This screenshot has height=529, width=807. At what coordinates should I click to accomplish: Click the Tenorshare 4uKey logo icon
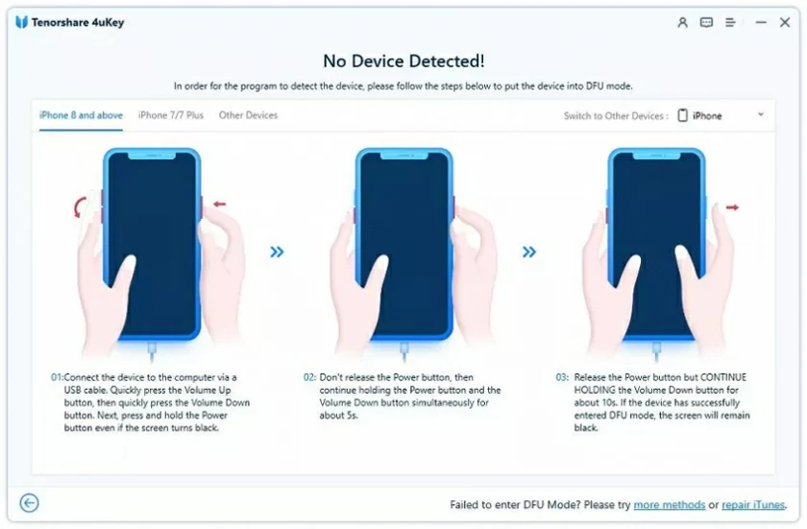pyautogui.click(x=21, y=22)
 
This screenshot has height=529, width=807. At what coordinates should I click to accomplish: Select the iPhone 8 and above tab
pyautogui.click(x=81, y=115)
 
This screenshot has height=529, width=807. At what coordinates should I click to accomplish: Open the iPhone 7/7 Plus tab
pyautogui.click(x=171, y=115)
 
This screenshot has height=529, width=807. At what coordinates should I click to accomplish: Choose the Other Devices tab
pyautogui.click(x=248, y=115)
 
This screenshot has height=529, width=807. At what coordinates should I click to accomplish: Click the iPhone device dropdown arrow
pyautogui.click(x=761, y=115)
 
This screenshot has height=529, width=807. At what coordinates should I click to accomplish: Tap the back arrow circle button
pyautogui.click(x=30, y=503)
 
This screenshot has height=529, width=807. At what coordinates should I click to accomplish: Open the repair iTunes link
pyautogui.click(x=754, y=505)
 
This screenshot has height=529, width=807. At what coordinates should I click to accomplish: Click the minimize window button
pyautogui.click(x=761, y=22)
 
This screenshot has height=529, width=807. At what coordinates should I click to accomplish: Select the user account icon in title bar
pyautogui.click(x=682, y=22)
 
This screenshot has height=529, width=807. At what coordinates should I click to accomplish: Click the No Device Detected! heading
pyautogui.click(x=403, y=60)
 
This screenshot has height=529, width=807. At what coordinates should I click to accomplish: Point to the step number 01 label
pyautogui.click(x=57, y=377)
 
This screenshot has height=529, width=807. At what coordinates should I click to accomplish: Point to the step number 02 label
pyautogui.click(x=309, y=377)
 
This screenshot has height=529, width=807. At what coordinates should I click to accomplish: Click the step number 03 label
pyautogui.click(x=562, y=377)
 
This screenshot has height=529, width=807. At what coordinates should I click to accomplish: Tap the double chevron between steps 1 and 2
pyautogui.click(x=277, y=252)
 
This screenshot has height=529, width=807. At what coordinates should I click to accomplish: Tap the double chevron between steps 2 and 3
pyautogui.click(x=529, y=252)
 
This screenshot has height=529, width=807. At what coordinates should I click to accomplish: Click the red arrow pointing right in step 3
pyautogui.click(x=732, y=206)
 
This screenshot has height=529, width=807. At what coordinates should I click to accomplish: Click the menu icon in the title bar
pyautogui.click(x=731, y=22)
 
